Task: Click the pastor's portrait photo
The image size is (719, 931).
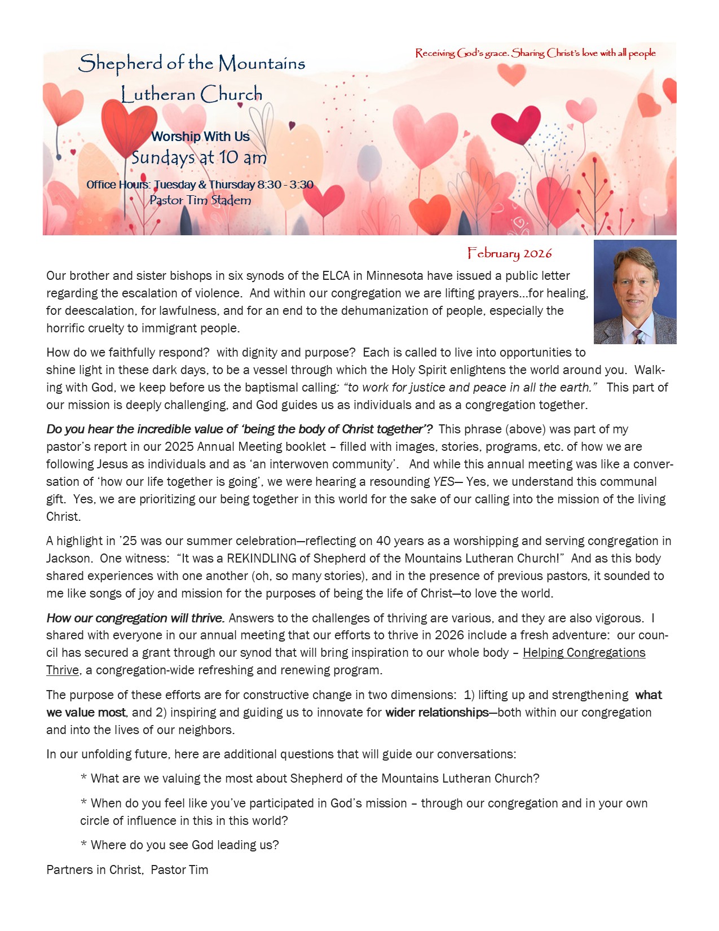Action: tap(634, 291)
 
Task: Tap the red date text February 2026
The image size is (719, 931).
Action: tap(509, 253)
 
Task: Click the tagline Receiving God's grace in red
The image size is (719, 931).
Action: tap(535, 53)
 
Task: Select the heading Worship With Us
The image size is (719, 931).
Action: tap(200, 137)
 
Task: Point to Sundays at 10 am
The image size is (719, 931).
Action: tap(199, 157)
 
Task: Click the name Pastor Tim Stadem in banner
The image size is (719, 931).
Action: tap(200, 200)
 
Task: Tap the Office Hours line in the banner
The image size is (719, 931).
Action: tap(200, 185)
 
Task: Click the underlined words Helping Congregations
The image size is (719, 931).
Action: tap(584, 653)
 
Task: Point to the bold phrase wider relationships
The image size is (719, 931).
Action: tap(436, 713)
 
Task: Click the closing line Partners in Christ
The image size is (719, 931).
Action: tap(127, 870)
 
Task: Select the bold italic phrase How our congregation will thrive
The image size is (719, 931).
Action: tap(135, 618)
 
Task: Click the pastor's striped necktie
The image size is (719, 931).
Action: tap(638, 337)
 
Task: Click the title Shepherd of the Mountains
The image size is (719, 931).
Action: tap(192, 63)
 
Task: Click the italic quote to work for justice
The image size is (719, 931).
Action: tap(469, 388)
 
